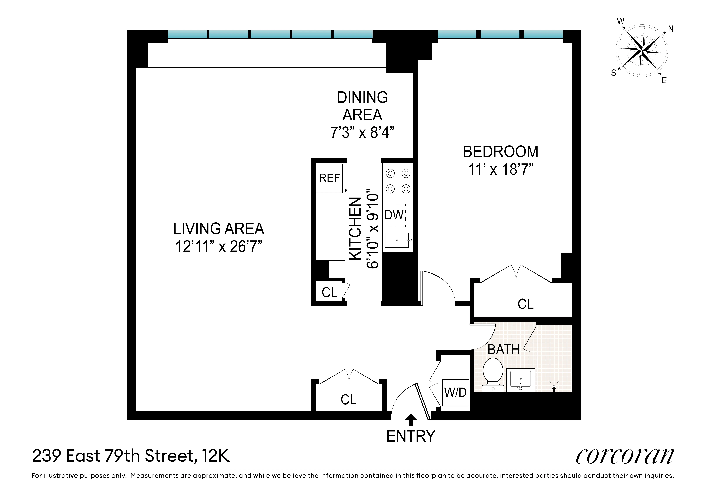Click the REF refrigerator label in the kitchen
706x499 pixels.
329,178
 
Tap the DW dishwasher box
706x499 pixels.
394,215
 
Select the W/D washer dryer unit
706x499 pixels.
455,393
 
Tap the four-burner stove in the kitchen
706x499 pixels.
398,181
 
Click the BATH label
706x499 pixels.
504,350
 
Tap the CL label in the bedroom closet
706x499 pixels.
525,304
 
